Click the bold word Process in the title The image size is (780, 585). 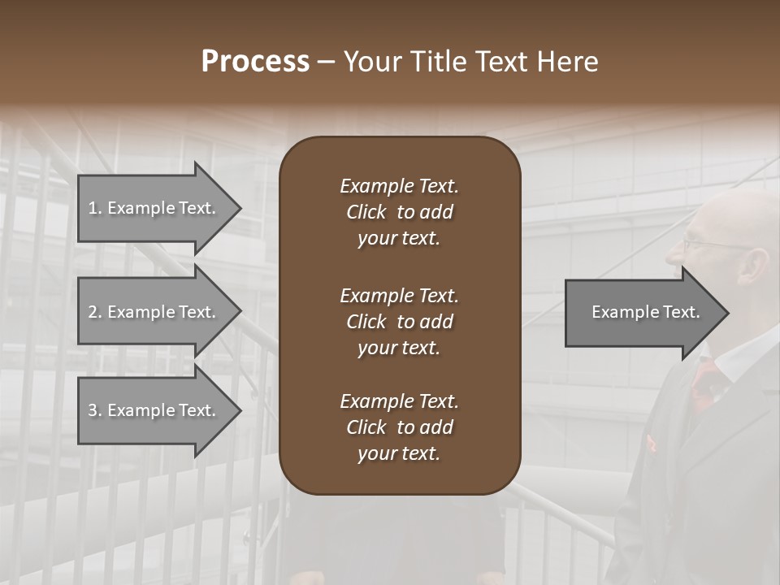click(x=255, y=62)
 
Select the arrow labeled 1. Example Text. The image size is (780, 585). click(x=154, y=208)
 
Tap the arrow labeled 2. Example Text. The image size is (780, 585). click(x=154, y=312)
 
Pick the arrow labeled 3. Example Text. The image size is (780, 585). click(x=154, y=410)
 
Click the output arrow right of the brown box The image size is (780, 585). click(x=642, y=312)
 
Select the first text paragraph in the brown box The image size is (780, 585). click(x=399, y=212)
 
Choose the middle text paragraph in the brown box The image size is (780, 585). click(x=399, y=321)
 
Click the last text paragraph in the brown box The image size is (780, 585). click(x=399, y=427)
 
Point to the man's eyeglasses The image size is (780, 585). click(x=707, y=242)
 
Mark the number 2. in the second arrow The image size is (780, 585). click(x=95, y=312)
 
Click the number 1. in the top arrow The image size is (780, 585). click(x=95, y=208)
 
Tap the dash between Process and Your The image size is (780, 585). click(x=327, y=63)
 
